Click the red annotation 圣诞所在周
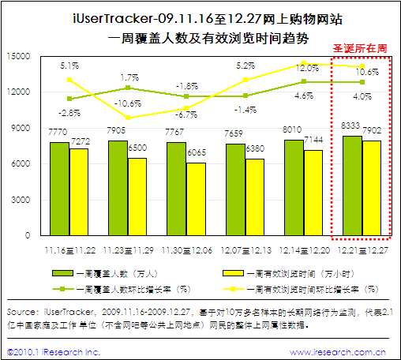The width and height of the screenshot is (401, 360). pyautogui.click(x=361, y=48)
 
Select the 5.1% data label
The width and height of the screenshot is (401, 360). pyautogui.click(x=70, y=66)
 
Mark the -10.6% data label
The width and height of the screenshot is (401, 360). pyautogui.click(x=128, y=103)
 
